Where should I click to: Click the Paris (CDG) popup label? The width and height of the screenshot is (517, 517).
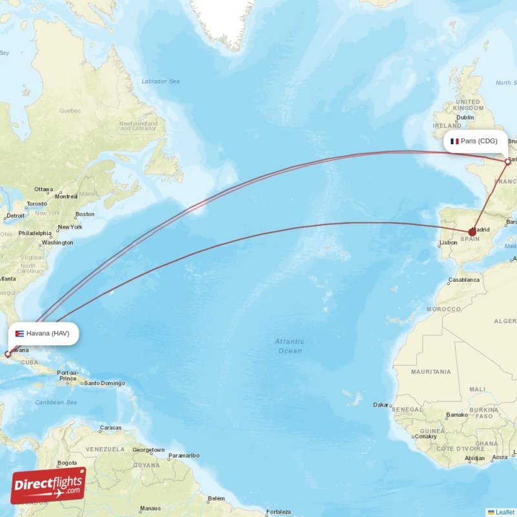click(475, 141)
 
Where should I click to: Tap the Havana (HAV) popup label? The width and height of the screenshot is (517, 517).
click(43, 333)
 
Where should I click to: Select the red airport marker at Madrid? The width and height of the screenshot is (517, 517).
click(472, 231)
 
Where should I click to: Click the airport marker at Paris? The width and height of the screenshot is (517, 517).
click(507, 162)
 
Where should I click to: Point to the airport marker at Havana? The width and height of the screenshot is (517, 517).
click(8, 353)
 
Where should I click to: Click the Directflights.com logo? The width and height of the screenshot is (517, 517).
click(48, 485)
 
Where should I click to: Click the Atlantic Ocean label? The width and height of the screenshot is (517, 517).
click(289, 346)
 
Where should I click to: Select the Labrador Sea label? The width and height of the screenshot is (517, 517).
click(160, 81)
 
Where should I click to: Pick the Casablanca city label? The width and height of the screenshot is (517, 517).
click(465, 280)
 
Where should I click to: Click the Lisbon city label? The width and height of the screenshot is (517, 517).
click(448, 242)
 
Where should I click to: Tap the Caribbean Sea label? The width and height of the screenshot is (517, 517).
click(56, 402)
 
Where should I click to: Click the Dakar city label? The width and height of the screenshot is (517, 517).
click(381, 405)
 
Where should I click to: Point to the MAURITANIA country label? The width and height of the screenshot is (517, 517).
click(430, 372)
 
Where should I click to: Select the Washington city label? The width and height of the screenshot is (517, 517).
click(57, 242)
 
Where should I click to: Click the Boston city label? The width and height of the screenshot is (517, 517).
click(85, 214)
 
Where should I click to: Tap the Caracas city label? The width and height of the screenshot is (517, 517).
click(111, 428)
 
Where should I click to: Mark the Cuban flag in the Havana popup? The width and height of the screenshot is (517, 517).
click(19, 333)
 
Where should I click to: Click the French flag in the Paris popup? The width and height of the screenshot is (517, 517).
click(454, 141)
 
